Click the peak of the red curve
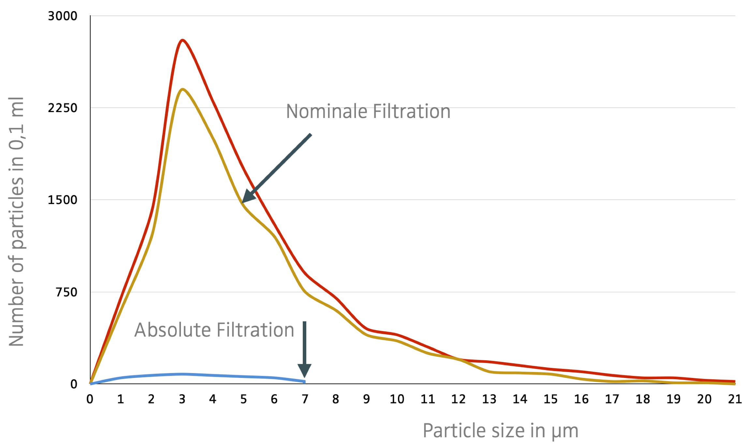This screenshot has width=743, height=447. [x=182, y=41]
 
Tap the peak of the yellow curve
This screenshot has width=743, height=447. [x=183, y=90]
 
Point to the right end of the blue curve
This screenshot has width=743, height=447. [x=304, y=382]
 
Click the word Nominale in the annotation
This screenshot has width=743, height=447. [x=327, y=112]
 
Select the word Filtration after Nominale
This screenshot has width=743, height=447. [x=411, y=112]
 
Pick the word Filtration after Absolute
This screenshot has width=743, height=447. [x=255, y=330]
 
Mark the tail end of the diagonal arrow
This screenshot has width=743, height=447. [x=311, y=134]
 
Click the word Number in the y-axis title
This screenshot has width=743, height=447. [x=16, y=312]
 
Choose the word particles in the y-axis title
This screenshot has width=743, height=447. [x=16, y=214]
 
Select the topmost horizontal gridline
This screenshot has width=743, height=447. [x=413, y=16]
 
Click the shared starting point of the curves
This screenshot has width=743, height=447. [x=91, y=383]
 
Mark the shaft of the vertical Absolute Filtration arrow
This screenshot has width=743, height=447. [x=305, y=342]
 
